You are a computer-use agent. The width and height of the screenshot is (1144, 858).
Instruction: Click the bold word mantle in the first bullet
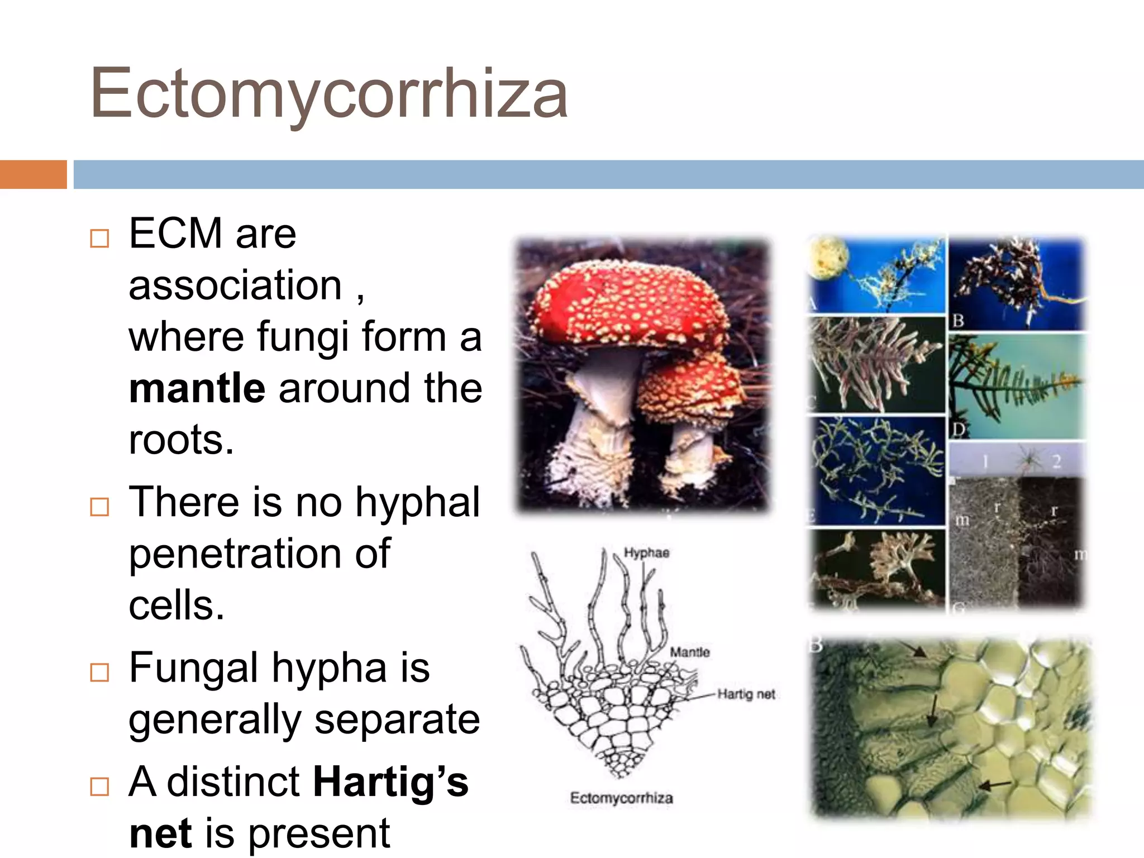197,388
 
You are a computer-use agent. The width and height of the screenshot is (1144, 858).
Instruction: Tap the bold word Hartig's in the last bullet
390,782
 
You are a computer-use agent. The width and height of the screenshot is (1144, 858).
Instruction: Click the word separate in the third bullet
397,719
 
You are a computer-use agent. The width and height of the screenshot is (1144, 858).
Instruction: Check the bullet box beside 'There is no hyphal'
99,507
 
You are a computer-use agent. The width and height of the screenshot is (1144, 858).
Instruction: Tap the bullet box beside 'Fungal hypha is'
99,673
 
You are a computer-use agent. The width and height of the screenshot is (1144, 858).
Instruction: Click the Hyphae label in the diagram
646,552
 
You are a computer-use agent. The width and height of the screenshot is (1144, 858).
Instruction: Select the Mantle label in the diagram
690,652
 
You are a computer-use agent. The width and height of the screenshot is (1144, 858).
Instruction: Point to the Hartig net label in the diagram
746,694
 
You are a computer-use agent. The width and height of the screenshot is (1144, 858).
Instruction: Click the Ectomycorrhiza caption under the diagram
621,798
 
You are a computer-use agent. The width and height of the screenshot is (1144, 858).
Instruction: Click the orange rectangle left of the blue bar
33,174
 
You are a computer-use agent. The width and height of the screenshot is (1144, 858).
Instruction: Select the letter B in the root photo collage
959,321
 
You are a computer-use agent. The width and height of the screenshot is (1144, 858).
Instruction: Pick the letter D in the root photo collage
959,430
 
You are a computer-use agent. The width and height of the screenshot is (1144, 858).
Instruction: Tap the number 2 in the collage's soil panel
1056,461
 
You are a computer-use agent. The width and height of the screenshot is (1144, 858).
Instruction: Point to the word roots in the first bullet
180,440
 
